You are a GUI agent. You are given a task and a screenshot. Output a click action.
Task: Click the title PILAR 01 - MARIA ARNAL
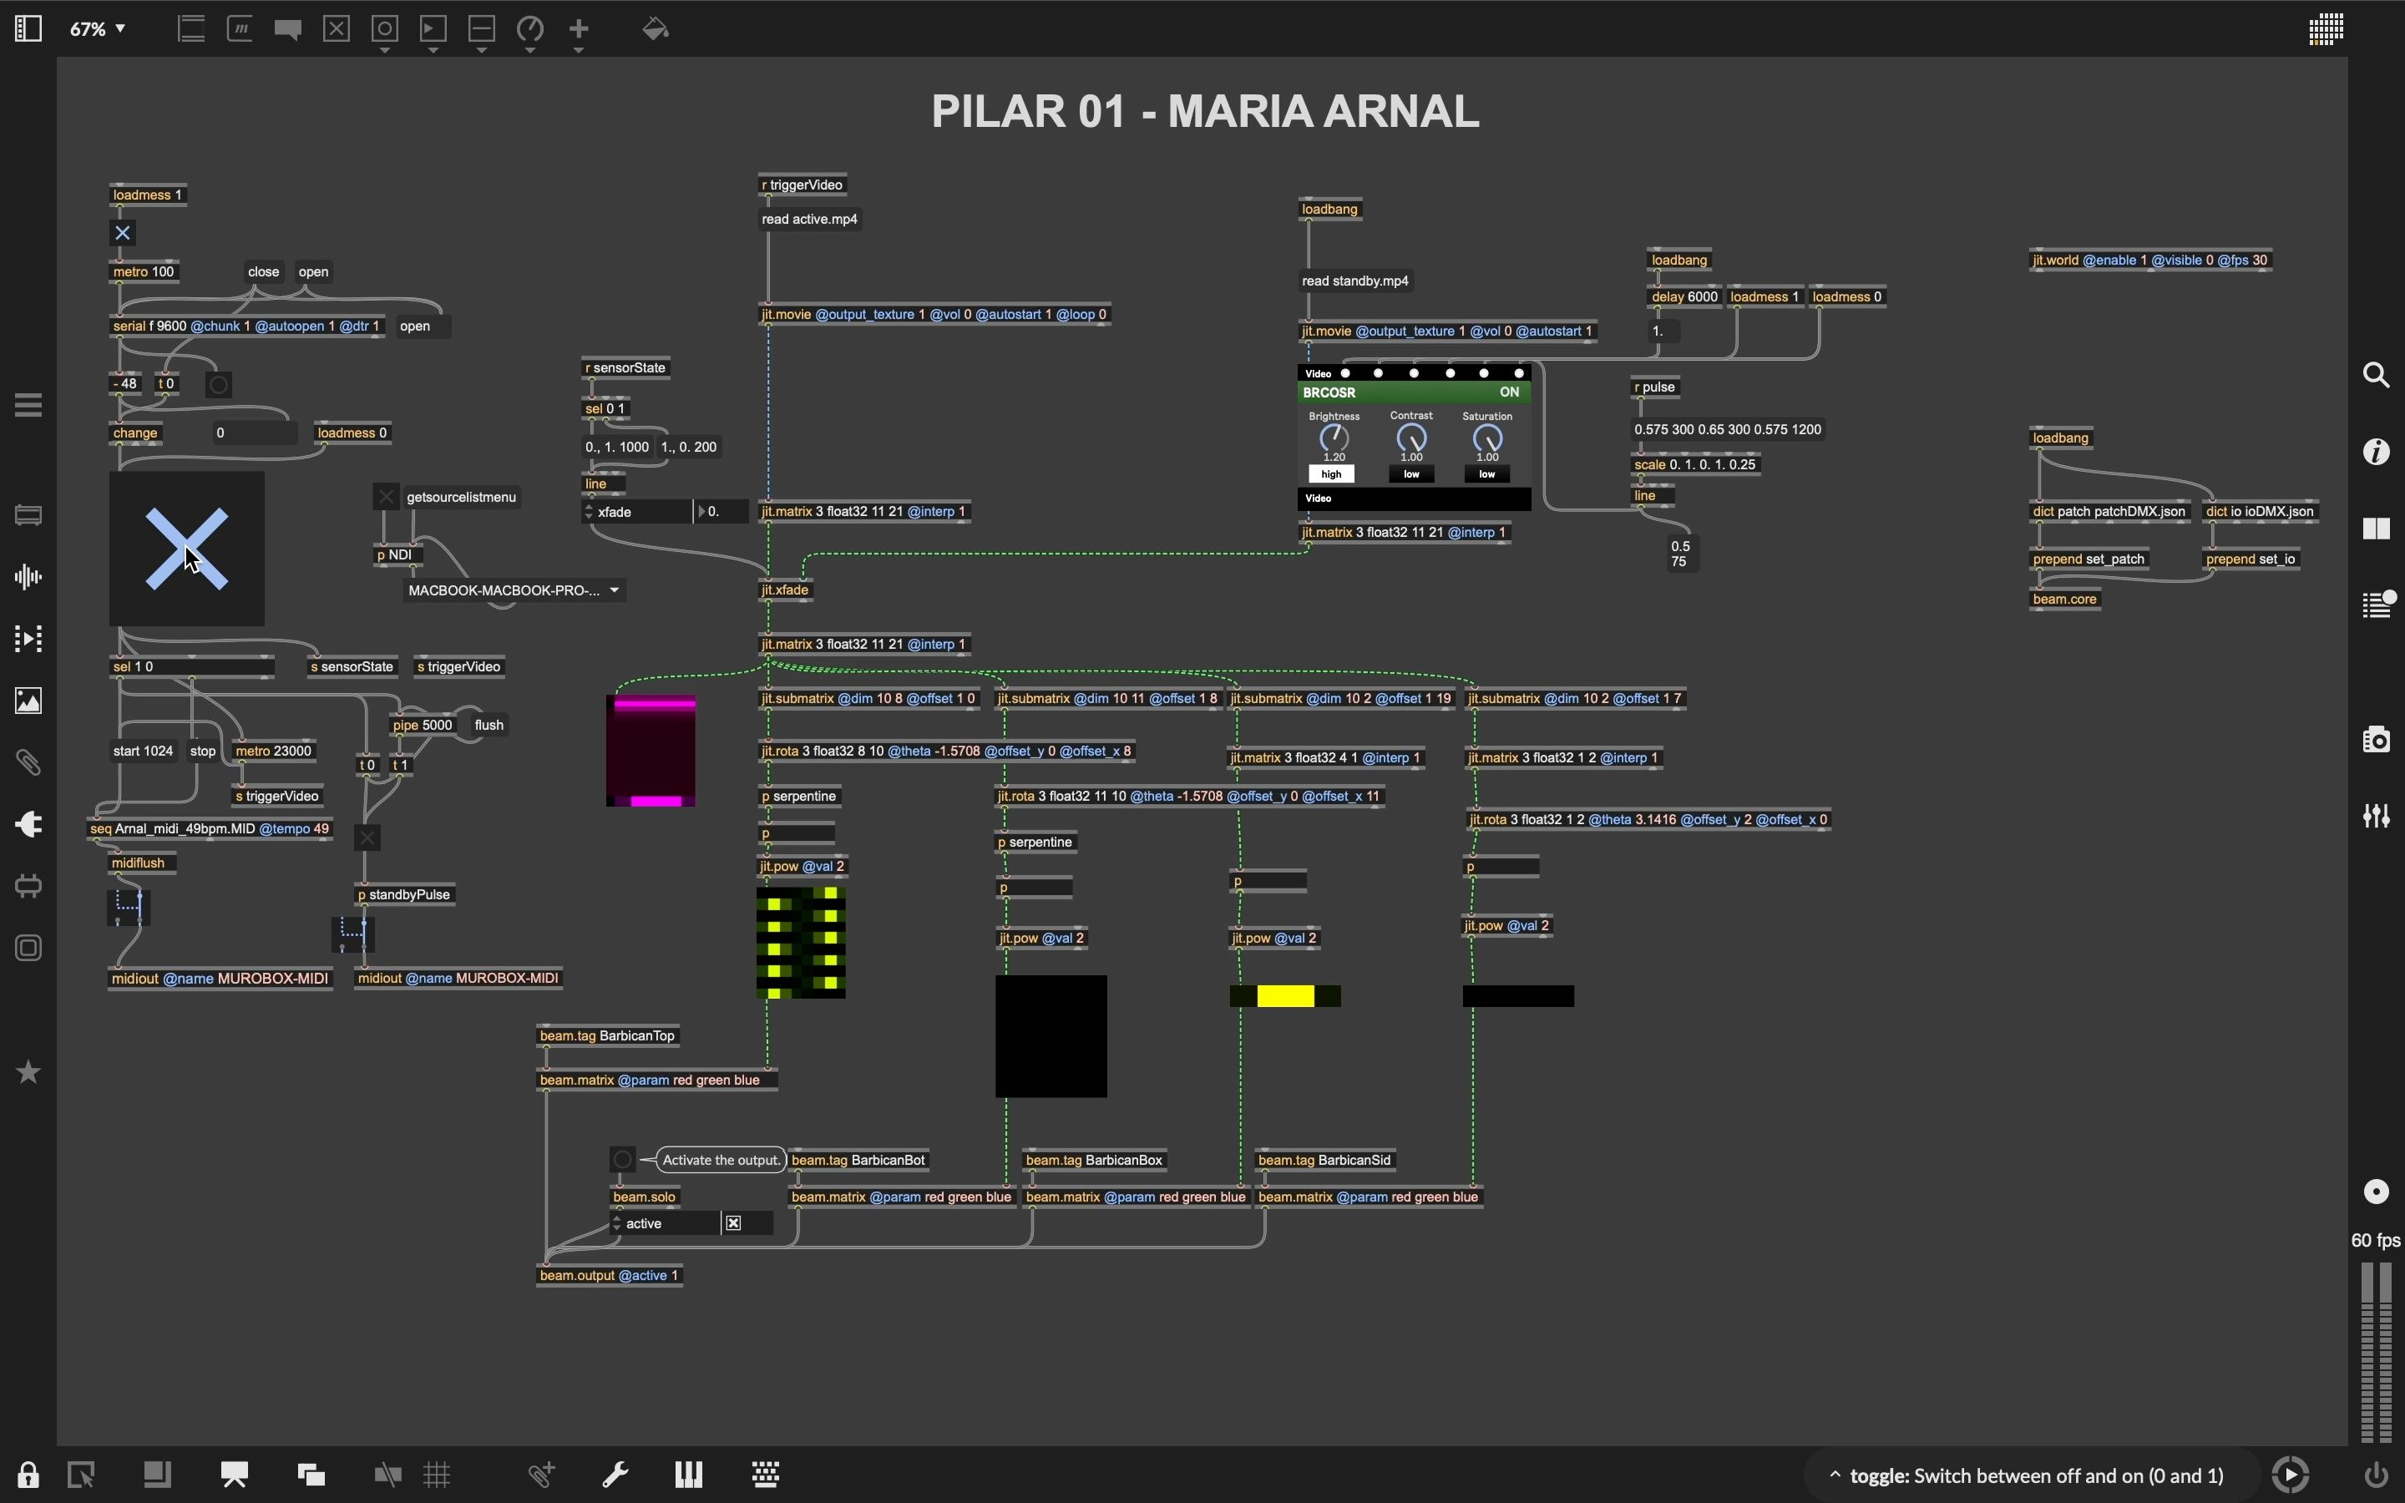[1204, 111]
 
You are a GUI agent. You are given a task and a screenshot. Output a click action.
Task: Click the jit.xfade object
[786, 590]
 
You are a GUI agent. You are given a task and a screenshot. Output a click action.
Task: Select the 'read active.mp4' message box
[809, 220]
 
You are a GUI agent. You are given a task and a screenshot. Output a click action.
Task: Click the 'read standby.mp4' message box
[1354, 281]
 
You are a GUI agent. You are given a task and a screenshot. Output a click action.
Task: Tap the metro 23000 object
[273, 751]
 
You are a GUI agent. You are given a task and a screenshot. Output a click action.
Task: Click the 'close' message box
[263, 272]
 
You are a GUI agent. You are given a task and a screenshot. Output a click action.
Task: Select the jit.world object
[2149, 261]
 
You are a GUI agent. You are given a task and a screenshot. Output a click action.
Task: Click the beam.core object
[2064, 600]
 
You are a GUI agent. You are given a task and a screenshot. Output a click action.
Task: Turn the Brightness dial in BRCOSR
[1334, 438]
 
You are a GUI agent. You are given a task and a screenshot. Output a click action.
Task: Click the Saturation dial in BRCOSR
[1486, 438]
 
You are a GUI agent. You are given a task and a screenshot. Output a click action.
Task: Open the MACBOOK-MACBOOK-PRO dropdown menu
[514, 590]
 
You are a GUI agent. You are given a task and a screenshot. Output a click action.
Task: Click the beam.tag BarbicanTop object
[607, 1035]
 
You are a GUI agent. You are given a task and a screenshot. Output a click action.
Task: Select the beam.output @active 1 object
[608, 1275]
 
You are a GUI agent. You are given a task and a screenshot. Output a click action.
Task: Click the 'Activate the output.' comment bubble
[721, 1160]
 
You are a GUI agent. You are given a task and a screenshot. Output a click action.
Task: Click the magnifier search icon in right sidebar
[2376, 375]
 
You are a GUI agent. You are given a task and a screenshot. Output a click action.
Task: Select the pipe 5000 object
[423, 726]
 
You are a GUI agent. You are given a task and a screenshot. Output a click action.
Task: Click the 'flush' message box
[489, 726]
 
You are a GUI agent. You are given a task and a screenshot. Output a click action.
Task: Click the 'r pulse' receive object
[1654, 387]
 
